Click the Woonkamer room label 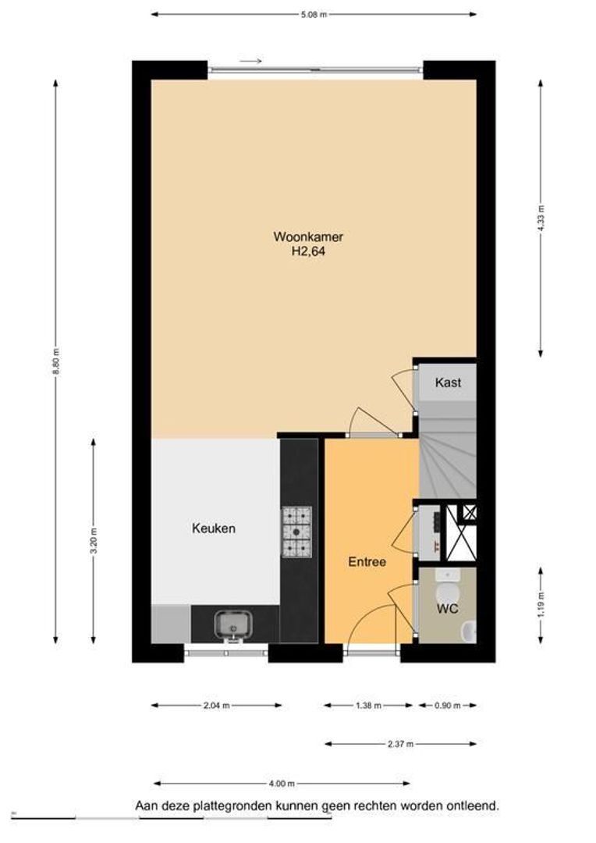click(x=308, y=237)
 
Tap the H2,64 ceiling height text click(x=308, y=251)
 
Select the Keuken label click(x=213, y=528)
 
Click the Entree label click(x=367, y=562)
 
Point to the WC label click(x=447, y=609)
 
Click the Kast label click(x=448, y=382)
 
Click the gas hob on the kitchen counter click(x=296, y=532)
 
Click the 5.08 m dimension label click(x=314, y=15)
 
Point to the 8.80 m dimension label click(x=55, y=362)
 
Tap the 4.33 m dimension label click(x=541, y=219)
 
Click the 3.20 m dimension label click(x=94, y=542)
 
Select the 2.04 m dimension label click(x=217, y=706)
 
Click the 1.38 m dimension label click(x=368, y=706)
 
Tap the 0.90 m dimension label click(x=448, y=706)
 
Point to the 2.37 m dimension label click(x=400, y=744)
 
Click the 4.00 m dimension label click(x=282, y=784)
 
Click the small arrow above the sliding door click(x=250, y=61)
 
